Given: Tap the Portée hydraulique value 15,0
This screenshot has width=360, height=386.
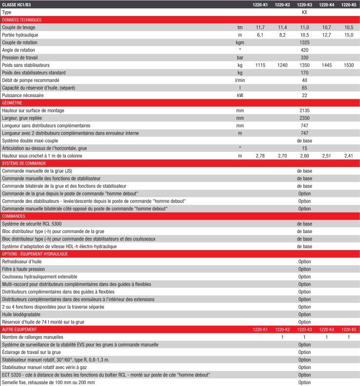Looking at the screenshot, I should (348, 35).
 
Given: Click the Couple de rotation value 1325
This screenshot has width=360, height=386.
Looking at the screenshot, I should (304, 42).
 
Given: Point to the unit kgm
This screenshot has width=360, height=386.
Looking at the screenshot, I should (240, 42).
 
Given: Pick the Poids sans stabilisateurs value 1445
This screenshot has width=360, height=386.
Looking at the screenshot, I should (326, 65).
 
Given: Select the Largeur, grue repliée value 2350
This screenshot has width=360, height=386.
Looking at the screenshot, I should (304, 118).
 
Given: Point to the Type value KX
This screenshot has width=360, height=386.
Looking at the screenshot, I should (304, 12).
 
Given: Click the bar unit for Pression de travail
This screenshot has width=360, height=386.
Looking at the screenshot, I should (240, 58).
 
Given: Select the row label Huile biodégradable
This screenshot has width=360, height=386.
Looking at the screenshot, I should (21, 314).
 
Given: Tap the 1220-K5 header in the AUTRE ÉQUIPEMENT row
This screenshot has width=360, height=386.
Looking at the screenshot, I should (348, 329).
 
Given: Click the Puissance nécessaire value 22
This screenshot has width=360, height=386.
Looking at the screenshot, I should (304, 95).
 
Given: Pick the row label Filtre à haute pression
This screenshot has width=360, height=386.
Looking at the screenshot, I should (23, 269).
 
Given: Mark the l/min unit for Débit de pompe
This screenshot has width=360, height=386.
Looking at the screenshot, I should (240, 80).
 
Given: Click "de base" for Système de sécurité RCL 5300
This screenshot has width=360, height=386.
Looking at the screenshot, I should (304, 224).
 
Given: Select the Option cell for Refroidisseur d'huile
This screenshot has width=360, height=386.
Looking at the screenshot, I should (304, 261).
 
